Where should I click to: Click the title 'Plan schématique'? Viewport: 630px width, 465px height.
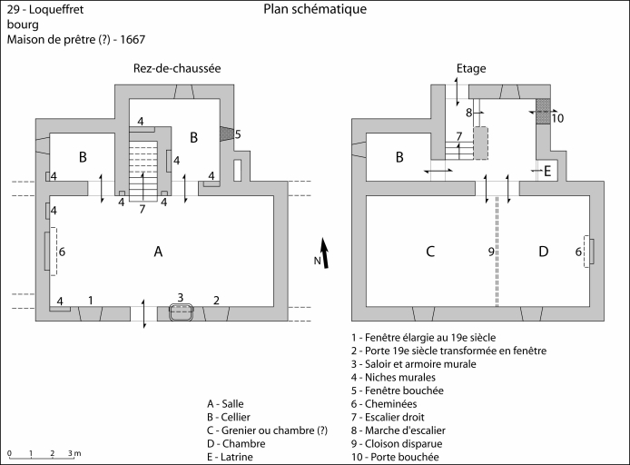(x=315, y=10)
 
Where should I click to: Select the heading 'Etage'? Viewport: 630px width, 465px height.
(x=472, y=69)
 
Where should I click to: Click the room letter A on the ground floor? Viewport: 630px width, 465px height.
(x=158, y=252)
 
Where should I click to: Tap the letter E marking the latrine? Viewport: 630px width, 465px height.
(x=546, y=170)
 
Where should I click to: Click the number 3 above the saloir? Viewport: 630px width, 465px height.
(x=181, y=298)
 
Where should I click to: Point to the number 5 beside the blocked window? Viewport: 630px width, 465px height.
(x=238, y=134)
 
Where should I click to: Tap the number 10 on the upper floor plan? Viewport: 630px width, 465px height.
(x=557, y=118)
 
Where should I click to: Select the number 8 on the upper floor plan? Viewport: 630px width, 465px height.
(x=468, y=113)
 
